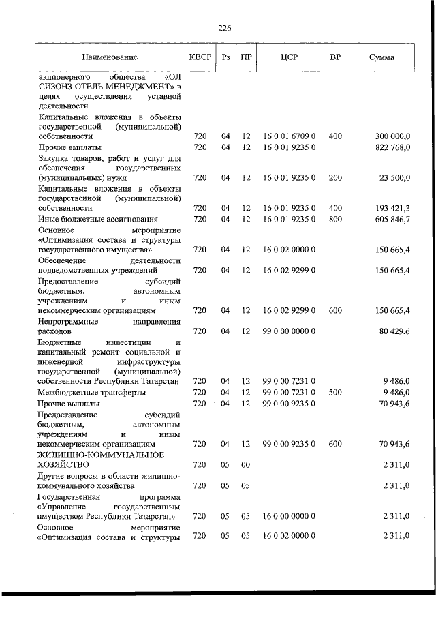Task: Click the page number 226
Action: (x=225, y=28)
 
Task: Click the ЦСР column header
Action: (x=288, y=57)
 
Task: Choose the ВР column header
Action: (x=334, y=57)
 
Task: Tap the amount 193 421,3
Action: (x=392, y=207)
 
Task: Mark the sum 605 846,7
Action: (x=392, y=219)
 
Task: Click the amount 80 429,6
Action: (x=394, y=331)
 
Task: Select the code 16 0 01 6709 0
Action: (x=288, y=136)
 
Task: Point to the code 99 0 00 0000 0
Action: (x=288, y=331)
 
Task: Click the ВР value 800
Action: (x=334, y=219)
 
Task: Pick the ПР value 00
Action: (x=246, y=464)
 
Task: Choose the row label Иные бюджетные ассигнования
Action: (x=98, y=219)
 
